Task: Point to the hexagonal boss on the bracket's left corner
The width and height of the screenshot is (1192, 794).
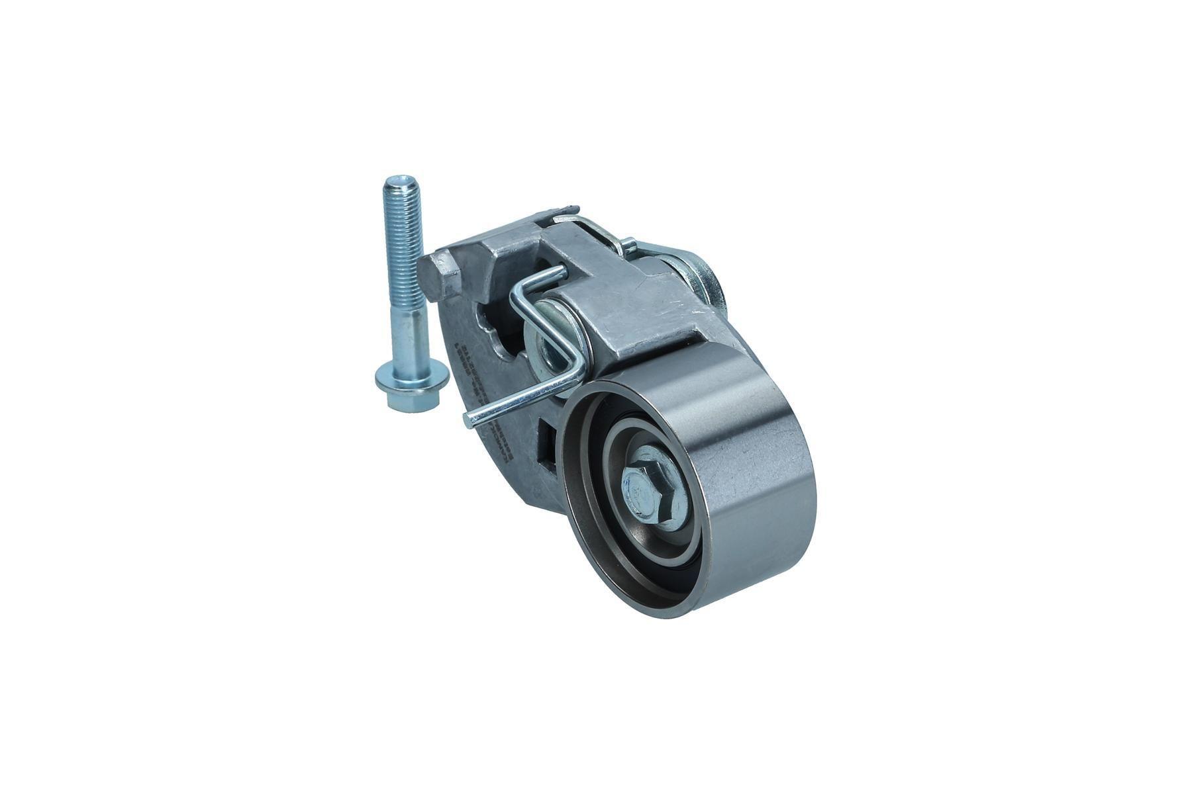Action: pyautogui.click(x=440, y=278)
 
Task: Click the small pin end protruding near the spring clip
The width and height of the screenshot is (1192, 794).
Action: pyautogui.click(x=629, y=247)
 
